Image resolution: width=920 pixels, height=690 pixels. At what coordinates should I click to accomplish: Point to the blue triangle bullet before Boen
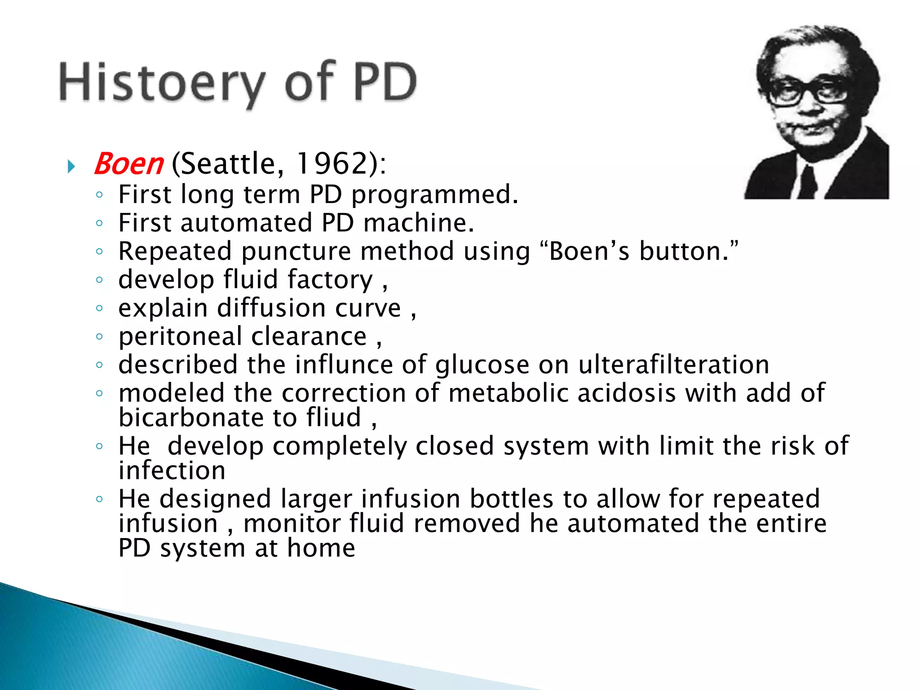(x=71, y=167)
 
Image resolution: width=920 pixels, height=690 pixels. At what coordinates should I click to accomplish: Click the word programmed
(x=434, y=195)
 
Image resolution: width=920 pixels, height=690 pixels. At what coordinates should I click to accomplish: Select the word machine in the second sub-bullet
(x=418, y=223)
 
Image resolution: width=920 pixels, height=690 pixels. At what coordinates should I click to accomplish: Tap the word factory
(x=330, y=280)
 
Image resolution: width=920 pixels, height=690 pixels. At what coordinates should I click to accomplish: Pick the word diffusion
(x=271, y=308)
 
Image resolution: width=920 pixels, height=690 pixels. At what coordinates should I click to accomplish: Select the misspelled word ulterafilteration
(x=673, y=364)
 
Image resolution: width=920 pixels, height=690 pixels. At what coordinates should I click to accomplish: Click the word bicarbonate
(x=191, y=417)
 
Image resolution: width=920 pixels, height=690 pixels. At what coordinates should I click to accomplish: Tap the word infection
(x=172, y=470)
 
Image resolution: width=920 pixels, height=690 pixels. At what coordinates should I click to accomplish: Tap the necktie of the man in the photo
(x=807, y=182)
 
